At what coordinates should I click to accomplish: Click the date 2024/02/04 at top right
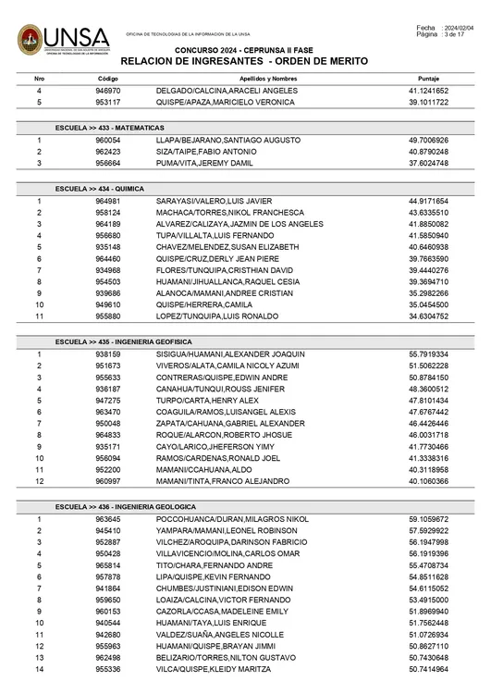460,28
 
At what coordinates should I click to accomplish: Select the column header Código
108,80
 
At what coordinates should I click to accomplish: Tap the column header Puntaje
428,80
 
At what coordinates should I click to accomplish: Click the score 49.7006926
428,139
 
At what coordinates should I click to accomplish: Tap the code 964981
108,200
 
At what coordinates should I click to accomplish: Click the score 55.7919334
428,353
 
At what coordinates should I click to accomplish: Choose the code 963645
108,519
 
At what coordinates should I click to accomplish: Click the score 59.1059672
428,519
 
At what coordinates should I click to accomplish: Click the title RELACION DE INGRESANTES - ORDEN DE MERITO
244,60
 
